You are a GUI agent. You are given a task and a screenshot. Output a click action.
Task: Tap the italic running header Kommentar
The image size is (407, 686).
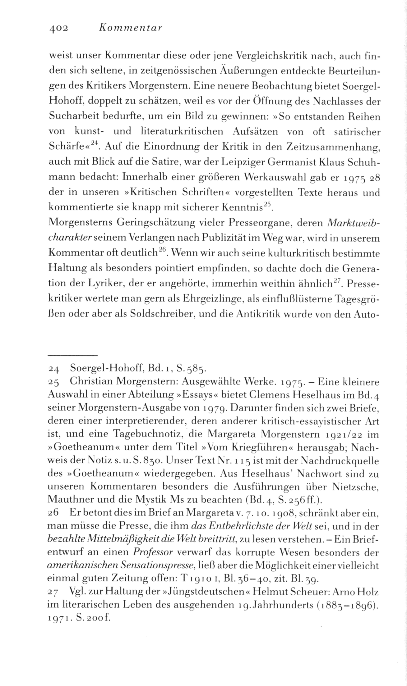pyautogui.click(x=130, y=28)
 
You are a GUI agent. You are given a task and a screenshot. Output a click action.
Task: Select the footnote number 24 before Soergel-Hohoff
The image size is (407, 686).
pyautogui.click(x=55, y=370)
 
